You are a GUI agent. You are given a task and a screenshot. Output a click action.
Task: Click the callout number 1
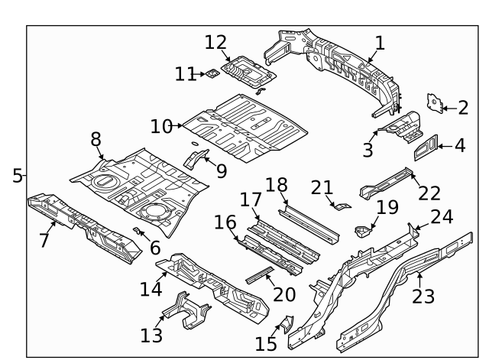pos(379,43)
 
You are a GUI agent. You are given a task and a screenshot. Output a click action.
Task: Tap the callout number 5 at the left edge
pos(17,176)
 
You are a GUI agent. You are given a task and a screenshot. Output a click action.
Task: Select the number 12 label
pos(215,42)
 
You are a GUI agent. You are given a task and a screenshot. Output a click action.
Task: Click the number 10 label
pos(161,126)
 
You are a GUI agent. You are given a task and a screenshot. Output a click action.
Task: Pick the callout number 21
pos(322,187)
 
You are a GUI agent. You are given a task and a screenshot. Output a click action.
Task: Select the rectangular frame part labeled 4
pos(427,146)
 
